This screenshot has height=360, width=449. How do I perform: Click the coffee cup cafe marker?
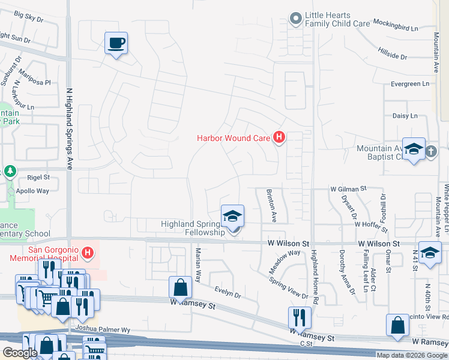click(x=116, y=43)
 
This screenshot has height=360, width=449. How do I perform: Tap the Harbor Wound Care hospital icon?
click(x=279, y=138)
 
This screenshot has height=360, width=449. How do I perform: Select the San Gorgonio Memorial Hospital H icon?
click(x=88, y=253)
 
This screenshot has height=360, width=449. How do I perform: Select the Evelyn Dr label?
click(x=229, y=295)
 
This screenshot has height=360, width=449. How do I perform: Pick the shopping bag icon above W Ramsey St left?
click(x=180, y=287)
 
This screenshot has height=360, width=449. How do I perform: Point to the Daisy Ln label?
click(x=405, y=116)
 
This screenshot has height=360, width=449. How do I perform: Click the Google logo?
click(x=20, y=352)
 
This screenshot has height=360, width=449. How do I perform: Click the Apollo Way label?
click(x=34, y=191)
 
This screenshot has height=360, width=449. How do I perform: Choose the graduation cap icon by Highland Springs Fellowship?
click(x=233, y=215)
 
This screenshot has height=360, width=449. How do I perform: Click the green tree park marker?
click(x=10, y=172)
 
